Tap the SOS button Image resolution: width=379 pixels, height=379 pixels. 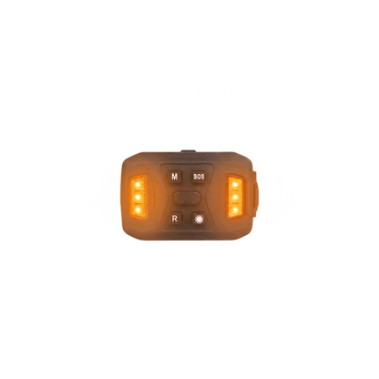pyautogui.click(x=199, y=177)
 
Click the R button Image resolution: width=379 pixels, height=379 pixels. pyautogui.click(x=175, y=219)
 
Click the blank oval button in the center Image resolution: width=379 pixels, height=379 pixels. pyautogui.click(x=187, y=198)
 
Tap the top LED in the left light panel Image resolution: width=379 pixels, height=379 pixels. pyautogui.click(x=138, y=185)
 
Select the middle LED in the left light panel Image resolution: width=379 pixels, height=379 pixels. pyautogui.click(x=138, y=197)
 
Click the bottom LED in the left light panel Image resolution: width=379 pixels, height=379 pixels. pyautogui.click(x=138, y=210)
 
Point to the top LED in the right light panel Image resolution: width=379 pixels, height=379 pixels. pyautogui.click(x=235, y=185)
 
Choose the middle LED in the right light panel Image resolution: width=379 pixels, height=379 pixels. pyautogui.click(x=235, y=197)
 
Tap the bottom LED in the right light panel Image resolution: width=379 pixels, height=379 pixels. pyautogui.click(x=235, y=210)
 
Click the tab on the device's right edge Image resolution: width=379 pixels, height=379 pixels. pyautogui.click(x=254, y=194)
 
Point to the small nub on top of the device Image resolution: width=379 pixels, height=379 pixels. pyautogui.click(x=189, y=151)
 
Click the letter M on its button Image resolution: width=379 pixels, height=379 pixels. pyautogui.click(x=175, y=177)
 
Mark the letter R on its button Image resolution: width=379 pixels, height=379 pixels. pyautogui.click(x=175, y=219)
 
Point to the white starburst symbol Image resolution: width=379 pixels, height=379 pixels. pyautogui.click(x=200, y=219)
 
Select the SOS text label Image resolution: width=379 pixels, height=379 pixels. pyautogui.click(x=199, y=177)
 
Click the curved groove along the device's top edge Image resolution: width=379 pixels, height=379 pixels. pyautogui.click(x=187, y=157)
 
